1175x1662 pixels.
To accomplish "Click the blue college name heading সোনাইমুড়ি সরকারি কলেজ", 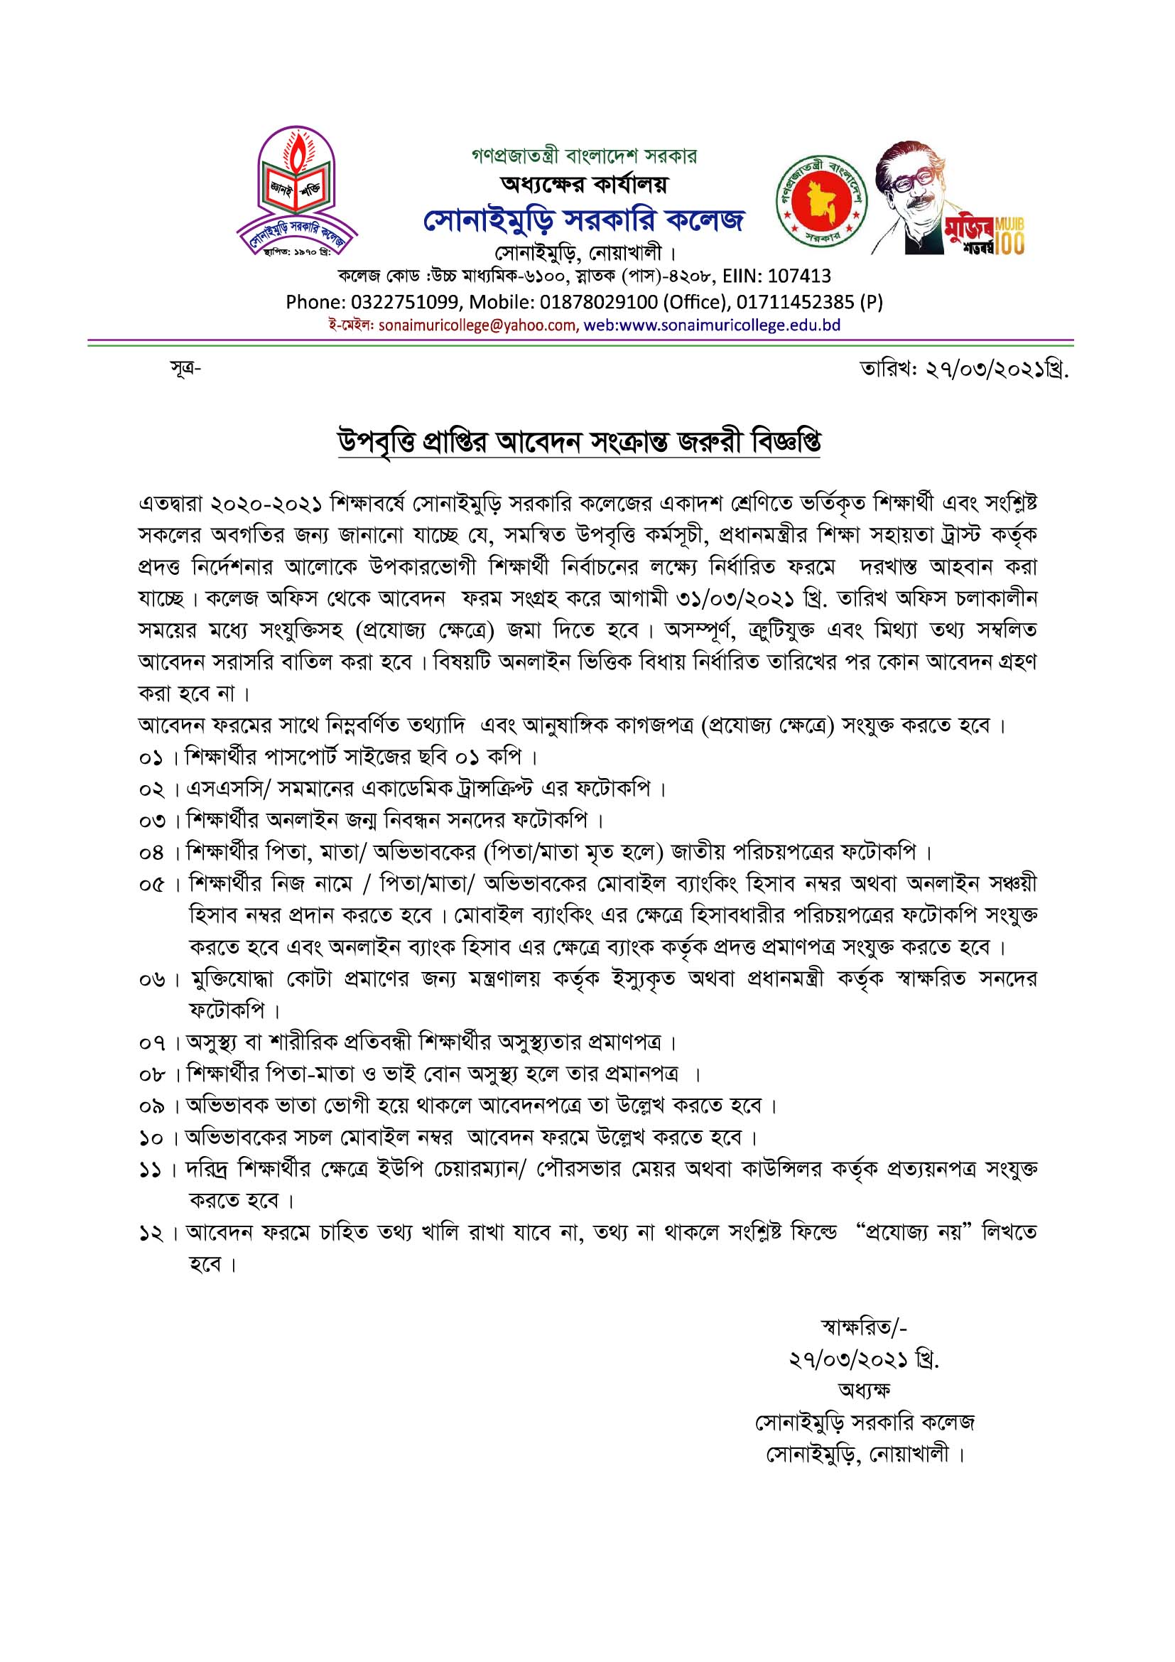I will point(583,220).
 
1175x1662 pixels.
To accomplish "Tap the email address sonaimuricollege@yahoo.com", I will point(474,325).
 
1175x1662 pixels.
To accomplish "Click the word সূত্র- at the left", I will point(185,370).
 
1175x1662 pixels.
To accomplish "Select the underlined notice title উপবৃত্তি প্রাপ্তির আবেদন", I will point(579,442).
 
